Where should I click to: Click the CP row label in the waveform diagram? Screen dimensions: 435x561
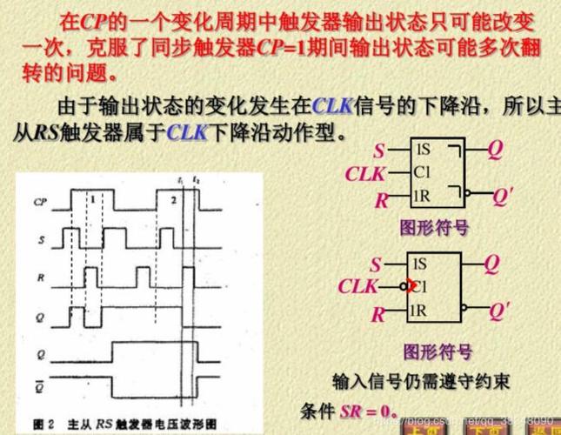point(40,202)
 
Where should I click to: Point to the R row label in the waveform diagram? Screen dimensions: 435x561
point(40,275)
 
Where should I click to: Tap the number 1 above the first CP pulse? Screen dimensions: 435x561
point(91,199)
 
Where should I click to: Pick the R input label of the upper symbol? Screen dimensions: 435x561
point(380,201)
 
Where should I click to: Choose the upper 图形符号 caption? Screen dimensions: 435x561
point(434,227)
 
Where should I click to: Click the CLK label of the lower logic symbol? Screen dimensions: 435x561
point(357,286)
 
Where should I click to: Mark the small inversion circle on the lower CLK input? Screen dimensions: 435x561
point(404,286)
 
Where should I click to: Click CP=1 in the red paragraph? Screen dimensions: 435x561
point(286,48)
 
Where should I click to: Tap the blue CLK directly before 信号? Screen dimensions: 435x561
point(331,107)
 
